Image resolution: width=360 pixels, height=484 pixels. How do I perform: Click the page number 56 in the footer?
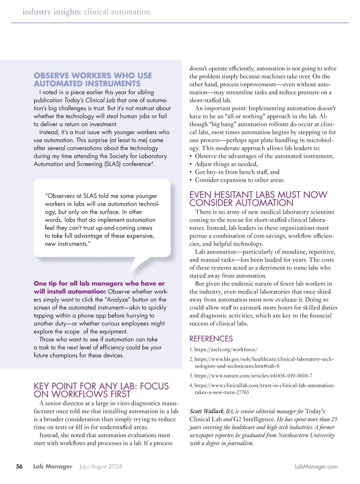pos(19,466)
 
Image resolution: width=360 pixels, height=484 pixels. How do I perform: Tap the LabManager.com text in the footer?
pos(316,467)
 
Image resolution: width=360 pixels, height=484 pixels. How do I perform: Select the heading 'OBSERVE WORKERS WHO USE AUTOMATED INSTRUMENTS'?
pos(93,80)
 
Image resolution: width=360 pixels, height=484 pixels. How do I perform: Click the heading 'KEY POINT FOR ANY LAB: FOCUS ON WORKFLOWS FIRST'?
pos(101,390)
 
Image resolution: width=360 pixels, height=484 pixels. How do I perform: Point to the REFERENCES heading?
pos(211,339)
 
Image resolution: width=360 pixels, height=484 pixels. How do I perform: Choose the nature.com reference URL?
pos(253,376)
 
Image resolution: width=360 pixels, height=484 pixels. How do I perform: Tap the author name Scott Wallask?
pos(206,411)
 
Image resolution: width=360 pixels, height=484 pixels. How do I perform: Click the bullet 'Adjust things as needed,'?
pos(226,164)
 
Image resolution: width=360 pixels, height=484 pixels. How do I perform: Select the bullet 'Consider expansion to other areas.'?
pos(240,180)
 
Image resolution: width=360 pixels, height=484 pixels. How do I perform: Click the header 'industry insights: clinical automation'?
pos(86,12)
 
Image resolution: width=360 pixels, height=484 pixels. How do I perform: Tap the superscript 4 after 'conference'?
pos(152,163)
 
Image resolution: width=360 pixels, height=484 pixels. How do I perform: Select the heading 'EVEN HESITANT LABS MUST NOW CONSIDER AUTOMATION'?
pos(258,199)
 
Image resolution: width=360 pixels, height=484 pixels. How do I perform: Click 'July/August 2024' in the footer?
pos(101,467)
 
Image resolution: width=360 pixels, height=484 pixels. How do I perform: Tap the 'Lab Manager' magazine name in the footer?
pos(53,467)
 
